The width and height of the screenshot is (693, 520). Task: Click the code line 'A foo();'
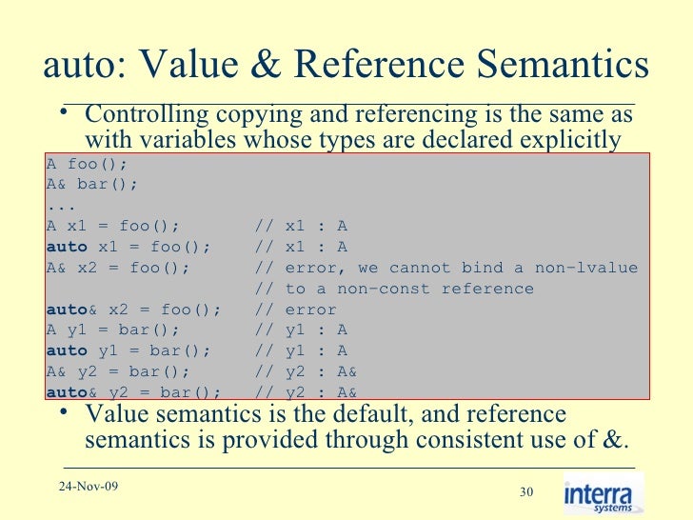tap(87, 164)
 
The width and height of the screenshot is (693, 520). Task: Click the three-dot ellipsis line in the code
tap(61, 205)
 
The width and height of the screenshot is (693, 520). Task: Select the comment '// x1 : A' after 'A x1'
tap(302, 226)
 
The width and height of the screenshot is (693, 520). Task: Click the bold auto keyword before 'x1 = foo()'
tap(66, 247)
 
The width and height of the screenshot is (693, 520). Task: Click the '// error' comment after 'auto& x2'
tap(297, 310)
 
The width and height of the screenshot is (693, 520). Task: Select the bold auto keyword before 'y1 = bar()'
tap(66, 351)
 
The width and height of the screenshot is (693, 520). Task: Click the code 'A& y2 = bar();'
tap(117, 371)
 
